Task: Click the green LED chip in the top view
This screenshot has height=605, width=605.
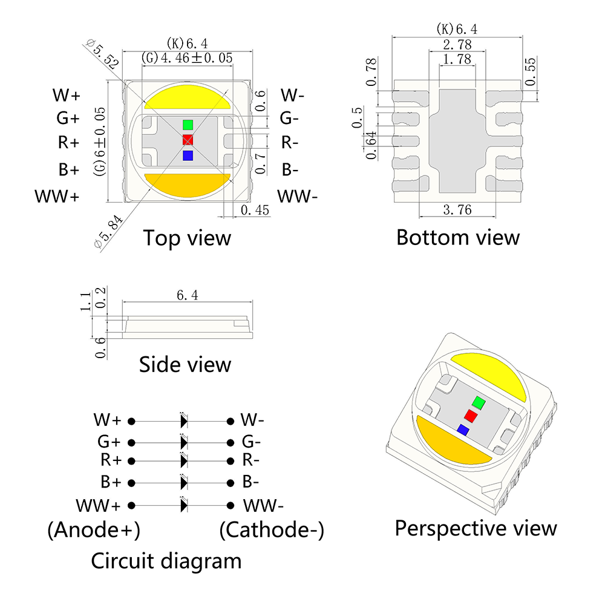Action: (x=188, y=125)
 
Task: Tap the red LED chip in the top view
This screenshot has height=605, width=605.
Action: (x=188, y=140)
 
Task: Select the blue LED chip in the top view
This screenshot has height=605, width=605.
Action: (x=188, y=155)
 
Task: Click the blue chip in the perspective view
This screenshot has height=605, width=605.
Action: (x=463, y=430)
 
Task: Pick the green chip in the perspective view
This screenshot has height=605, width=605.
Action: (x=479, y=403)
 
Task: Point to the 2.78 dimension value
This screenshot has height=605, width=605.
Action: (x=457, y=45)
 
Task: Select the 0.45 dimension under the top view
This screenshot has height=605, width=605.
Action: (x=255, y=210)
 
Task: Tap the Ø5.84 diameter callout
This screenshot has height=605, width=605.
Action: (x=108, y=232)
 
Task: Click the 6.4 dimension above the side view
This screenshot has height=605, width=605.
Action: (x=188, y=295)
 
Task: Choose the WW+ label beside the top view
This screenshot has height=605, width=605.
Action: (x=57, y=197)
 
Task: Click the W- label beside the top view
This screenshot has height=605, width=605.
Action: (x=292, y=95)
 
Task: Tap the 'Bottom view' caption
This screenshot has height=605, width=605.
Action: (x=458, y=237)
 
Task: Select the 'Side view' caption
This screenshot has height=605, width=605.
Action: (x=185, y=364)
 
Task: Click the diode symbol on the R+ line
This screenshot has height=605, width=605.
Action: (x=184, y=460)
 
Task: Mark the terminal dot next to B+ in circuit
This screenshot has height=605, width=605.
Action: (x=131, y=483)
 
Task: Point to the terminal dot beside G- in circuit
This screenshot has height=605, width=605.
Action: (x=231, y=443)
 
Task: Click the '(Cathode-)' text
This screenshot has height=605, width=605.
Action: (x=272, y=530)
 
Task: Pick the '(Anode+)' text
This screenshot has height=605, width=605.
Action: (x=94, y=530)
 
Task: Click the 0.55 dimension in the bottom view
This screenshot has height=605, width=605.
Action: (x=531, y=72)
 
